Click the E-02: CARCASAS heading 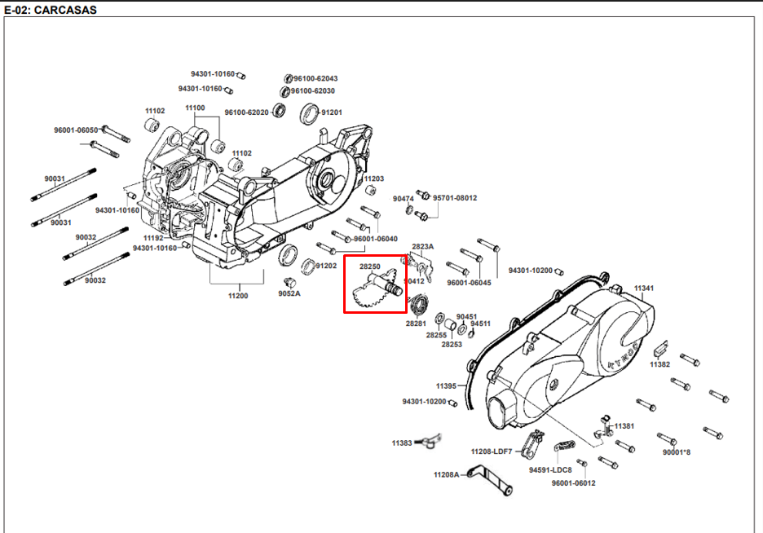click(x=50, y=10)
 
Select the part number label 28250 click(x=370, y=266)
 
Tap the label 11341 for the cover click(x=644, y=289)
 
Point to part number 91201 click(x=331, y=112)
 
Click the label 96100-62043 click(x=315, y=78)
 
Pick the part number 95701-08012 click(x=455, y=198)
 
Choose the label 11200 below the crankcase click(x=238, y=295)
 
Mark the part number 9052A click(x=289, y=293)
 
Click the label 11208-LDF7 click(x=491, y=451)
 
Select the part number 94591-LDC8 click(x=550, y=470)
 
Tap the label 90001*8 click(x=677, y=452)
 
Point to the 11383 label click(x=402, y=443)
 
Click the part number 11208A click(x=446, y=474)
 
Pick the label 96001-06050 click(x=76, y=130)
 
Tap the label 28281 click(x=416, y=324)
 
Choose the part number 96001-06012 click(x=573, y=483)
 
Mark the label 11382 click(x=659, y=364)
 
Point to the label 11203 click(x=373, y=178)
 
